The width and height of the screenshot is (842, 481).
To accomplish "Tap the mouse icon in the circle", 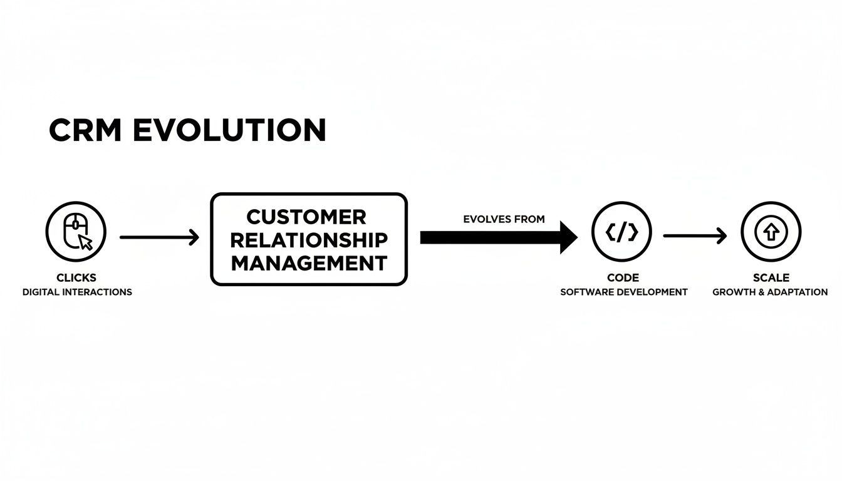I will click(76, 232).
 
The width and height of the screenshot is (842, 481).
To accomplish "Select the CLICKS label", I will click(76, 277).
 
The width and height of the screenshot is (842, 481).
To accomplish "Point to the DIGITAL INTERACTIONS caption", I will click(77, 292).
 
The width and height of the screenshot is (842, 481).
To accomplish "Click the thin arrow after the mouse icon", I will click(159, 237).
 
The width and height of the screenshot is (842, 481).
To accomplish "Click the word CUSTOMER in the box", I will click(306, 217).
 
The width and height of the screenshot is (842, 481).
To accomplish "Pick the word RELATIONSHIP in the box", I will click(309, 240).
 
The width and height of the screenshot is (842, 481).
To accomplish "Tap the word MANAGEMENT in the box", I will click(309, 262).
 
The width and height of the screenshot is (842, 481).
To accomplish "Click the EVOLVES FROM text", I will click(504, 219).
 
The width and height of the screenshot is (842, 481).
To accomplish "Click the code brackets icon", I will click(622, 232).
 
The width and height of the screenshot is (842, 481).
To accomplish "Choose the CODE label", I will click(623, 277).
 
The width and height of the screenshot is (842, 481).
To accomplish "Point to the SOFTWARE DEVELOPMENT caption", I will click(623, 292).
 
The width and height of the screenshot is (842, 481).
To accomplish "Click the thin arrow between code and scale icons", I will click(695, 236).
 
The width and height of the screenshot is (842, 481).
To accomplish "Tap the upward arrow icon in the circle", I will click(771, 232).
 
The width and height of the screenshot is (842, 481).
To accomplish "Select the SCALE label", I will click(771, 277).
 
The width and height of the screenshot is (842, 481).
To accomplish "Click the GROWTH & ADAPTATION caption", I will click(770, 292).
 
